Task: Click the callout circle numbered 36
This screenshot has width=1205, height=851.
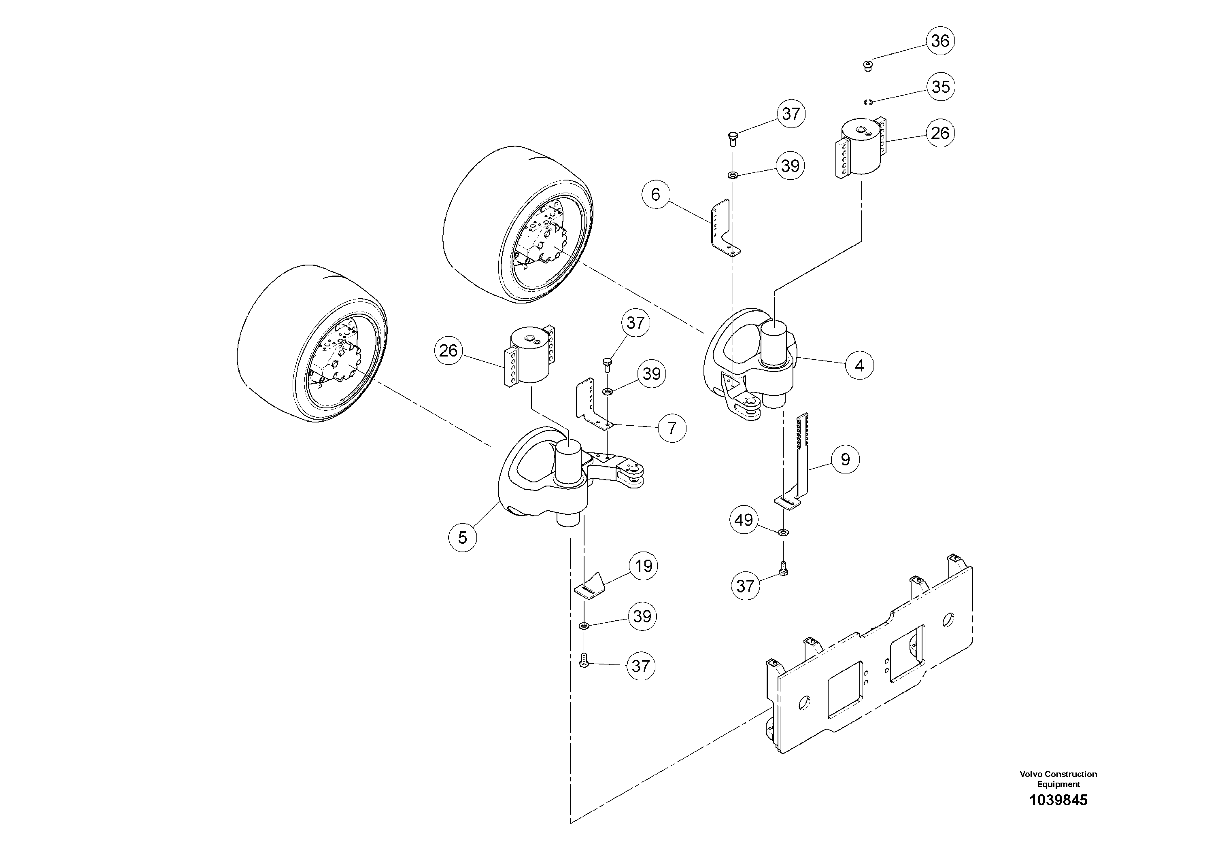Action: point(940,41)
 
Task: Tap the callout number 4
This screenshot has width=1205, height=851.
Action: point(859,366)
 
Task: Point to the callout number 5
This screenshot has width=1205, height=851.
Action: point(462,537)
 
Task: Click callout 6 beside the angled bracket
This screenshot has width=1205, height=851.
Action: point(655,195)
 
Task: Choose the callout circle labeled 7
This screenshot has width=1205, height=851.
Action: point(672,428)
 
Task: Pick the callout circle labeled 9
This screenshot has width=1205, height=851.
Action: point(845,460)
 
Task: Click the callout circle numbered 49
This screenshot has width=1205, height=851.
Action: point(744,520)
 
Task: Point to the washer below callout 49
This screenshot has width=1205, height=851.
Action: point(784,533)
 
